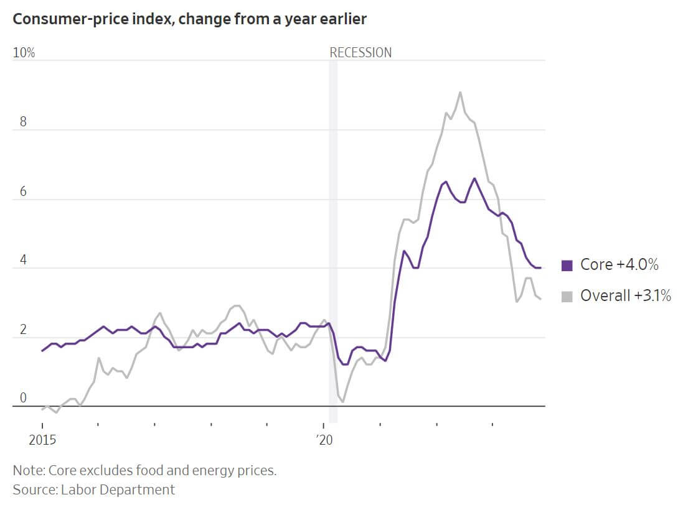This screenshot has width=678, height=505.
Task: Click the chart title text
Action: [x=190, y=19]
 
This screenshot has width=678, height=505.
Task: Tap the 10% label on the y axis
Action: [x=24, y=53]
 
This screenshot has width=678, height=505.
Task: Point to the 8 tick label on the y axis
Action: [x=23, y=122]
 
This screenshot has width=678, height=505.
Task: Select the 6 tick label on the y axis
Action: [x=23, y=192]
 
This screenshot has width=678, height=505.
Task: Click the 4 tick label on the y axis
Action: [x=23, y=261]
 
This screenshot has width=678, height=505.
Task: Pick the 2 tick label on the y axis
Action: [x=23, y=330]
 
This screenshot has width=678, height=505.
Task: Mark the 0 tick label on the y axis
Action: [x=23, y=399]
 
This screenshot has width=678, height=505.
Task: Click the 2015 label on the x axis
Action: [x=42, y=441]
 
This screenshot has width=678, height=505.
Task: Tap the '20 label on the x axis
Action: [x=324, y=441]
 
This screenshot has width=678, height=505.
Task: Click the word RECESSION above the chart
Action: [x=360, y=53]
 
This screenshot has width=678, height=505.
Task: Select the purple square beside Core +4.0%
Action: [x=567, y=266]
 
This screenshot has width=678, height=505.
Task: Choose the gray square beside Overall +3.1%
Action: [x=567, y=297]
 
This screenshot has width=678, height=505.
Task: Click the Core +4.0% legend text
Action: [x=619, y=265]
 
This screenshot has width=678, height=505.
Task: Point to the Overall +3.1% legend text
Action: [x=625, y=296]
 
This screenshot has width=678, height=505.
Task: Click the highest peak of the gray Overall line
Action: [x=460, y=93]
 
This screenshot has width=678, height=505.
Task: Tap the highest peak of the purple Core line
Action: [x=474, y=178]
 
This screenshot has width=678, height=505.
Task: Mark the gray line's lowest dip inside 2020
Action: [x=343, y=402]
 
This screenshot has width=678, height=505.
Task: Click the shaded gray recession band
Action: [x=333, y=249]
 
